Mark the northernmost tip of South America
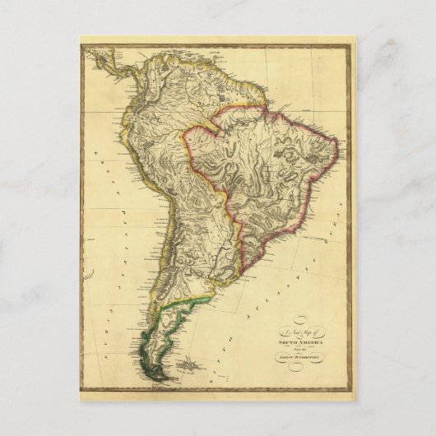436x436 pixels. tap(161, 51)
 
